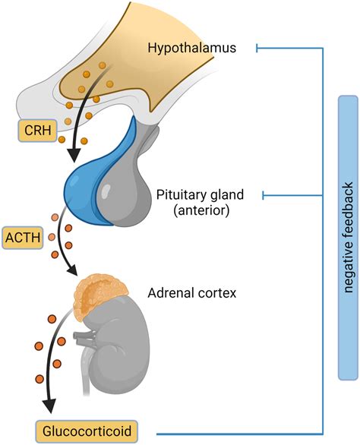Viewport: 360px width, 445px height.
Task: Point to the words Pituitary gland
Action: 198,194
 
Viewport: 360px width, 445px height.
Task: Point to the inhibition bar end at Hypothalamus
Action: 259,49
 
